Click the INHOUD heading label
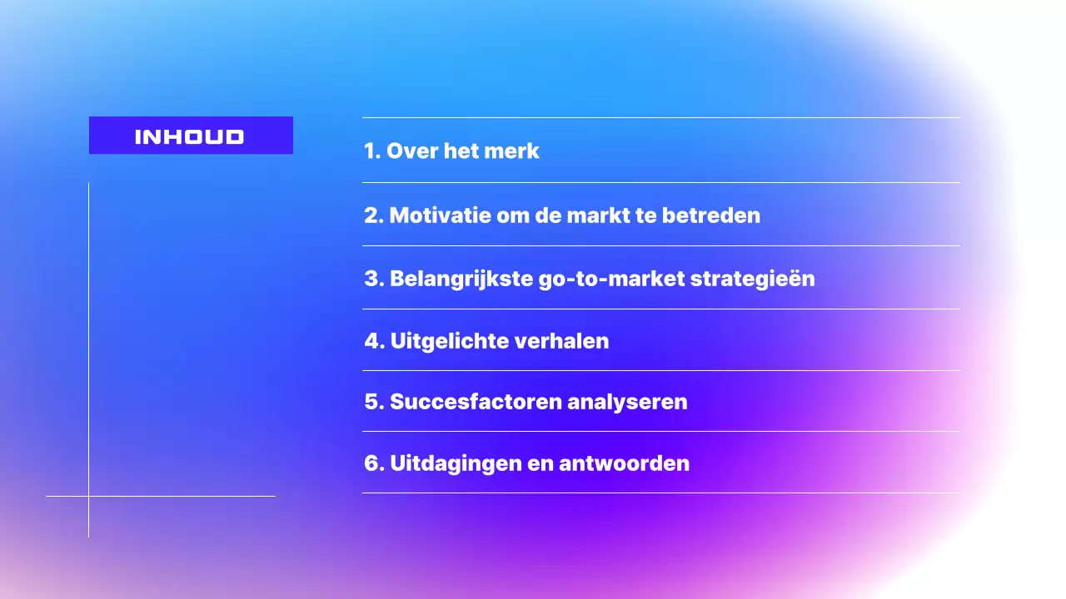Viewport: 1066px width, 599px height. tap(190, 136)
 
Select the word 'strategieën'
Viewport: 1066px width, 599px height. tap(753, 279)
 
